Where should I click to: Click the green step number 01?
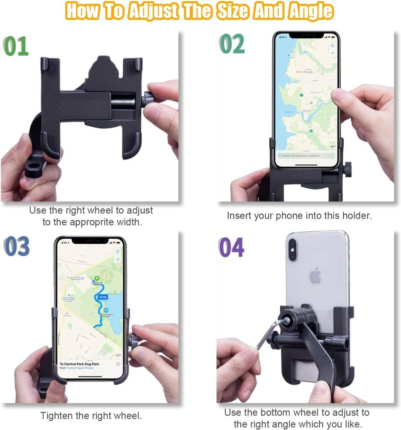pos(16,46)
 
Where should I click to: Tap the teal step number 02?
pos(232,44)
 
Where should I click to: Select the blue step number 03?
pos(17,246)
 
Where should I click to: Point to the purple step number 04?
pos(231,247)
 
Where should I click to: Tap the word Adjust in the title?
pos(153,10)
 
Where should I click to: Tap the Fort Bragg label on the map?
pos(304,72)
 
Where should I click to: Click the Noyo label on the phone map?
pos(306,111)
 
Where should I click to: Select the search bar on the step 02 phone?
pos(305,156)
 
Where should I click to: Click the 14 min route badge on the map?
pos(102,297)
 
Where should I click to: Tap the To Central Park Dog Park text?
pos(79,364)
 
